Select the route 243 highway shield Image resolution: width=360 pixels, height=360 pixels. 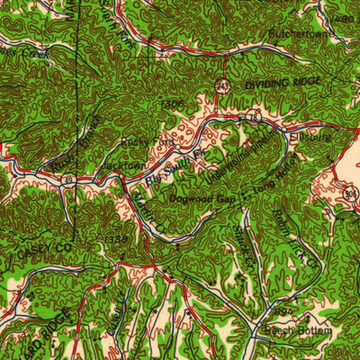click(x=221, y=85)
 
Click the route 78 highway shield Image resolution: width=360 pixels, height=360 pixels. click(x=255, y=118)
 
